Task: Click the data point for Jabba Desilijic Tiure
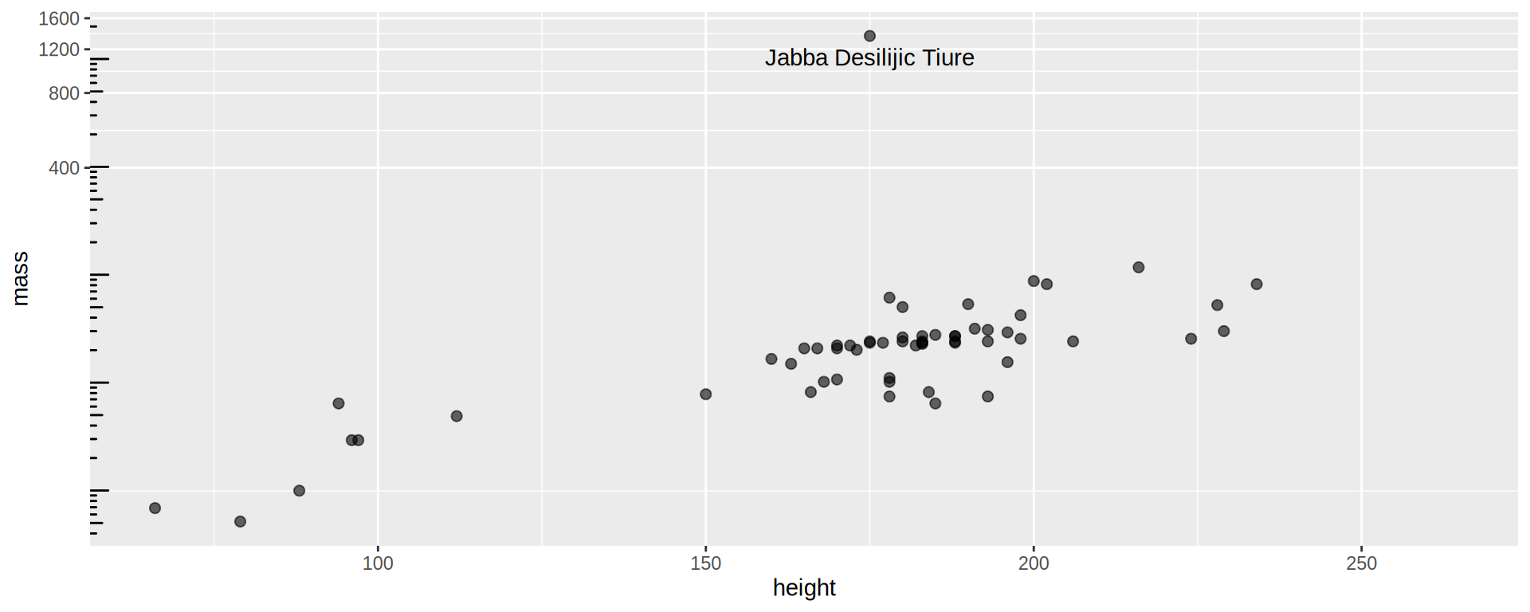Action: (869, 36)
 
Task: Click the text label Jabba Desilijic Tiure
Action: (869, 58)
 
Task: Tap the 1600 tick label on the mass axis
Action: (59, 18)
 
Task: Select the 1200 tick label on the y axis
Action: (59, 49)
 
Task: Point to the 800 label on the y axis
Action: (64, 93)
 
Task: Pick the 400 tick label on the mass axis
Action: (64, 168)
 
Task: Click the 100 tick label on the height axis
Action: (378, 564)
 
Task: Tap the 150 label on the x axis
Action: (705, 564)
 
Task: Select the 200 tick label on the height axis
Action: (1034, 564)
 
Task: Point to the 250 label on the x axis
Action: (1361, 564)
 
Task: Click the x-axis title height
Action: (804, 588)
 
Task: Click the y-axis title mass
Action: (21, 278)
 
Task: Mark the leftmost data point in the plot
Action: (155, 508)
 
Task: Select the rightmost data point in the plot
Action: (1257, 284)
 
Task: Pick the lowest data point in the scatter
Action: (240, 522)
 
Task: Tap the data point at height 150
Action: (705, 394)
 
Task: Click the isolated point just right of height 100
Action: (457, 416)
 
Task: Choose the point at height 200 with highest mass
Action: (1034, 281)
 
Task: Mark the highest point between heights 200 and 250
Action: (1139, 267)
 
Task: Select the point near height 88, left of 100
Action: (299, 491)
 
